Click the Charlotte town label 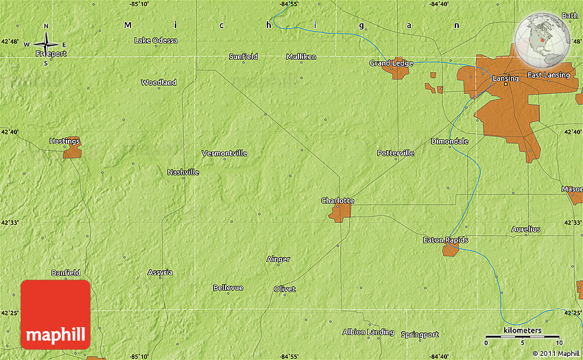337,200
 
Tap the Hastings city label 64,141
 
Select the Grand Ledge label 391,63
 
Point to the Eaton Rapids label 445,240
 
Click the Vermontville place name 224,153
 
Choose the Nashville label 183,172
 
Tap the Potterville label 396,153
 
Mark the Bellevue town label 228,287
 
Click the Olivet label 285,289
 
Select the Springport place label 420,335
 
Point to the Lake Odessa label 156,40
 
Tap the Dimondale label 449,141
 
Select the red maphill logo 56,315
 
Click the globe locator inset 544,40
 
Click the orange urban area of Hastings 72,151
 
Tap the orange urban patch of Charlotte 340,212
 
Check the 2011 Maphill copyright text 554,354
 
